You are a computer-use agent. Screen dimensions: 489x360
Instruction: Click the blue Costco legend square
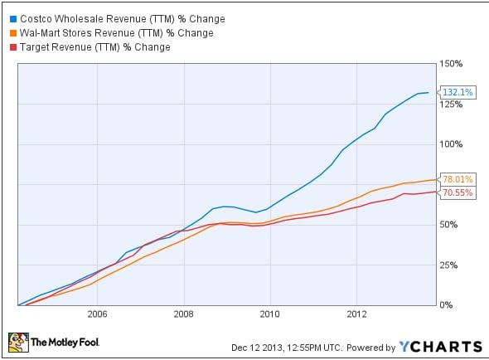pos(13,19)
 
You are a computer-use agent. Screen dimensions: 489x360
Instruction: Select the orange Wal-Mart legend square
pos(13,33)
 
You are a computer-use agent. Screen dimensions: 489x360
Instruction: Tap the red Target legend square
pos(13,47)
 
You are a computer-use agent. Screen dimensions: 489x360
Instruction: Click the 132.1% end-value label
pos(458,92)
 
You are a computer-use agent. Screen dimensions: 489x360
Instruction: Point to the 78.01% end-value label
pos(458,179)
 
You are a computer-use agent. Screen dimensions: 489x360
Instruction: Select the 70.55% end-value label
pos(458,192)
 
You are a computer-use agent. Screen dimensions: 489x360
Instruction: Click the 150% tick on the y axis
pos(451,64)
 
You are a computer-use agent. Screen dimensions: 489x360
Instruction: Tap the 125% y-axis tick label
pos(451,105)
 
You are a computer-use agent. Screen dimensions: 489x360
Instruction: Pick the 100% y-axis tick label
pos(451,144)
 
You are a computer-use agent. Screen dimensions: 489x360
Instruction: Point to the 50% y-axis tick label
pos(448,225)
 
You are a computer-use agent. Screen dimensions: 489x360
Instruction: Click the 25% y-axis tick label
pos(448,265)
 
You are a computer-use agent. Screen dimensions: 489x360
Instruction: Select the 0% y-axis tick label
pos(446,305)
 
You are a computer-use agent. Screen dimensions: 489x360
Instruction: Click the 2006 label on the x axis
pos(97,314)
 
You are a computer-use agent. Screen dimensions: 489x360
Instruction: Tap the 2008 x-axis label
pos(184,314)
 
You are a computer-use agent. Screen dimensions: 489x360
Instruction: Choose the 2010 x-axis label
pos(270,314)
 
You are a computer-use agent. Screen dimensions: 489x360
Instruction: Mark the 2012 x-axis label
pos(356,314)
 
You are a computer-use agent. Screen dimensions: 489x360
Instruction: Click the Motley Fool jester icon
pos(18,343)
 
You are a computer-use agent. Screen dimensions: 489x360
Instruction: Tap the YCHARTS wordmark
pos(441,347)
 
